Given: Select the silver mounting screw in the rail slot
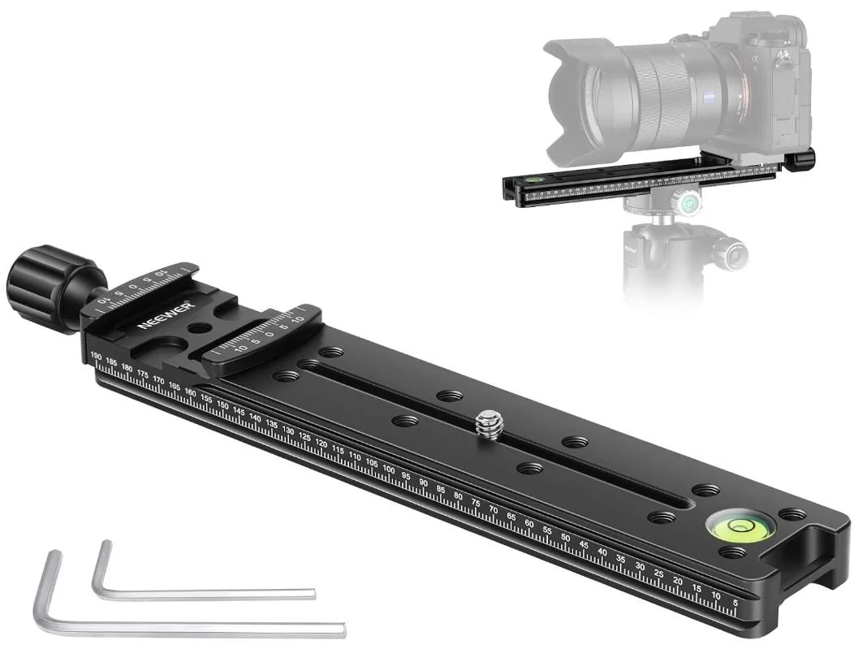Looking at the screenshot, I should pos(489,422).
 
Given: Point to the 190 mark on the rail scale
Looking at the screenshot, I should pos(96,357).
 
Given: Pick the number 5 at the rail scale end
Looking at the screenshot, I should pos(735,602).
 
